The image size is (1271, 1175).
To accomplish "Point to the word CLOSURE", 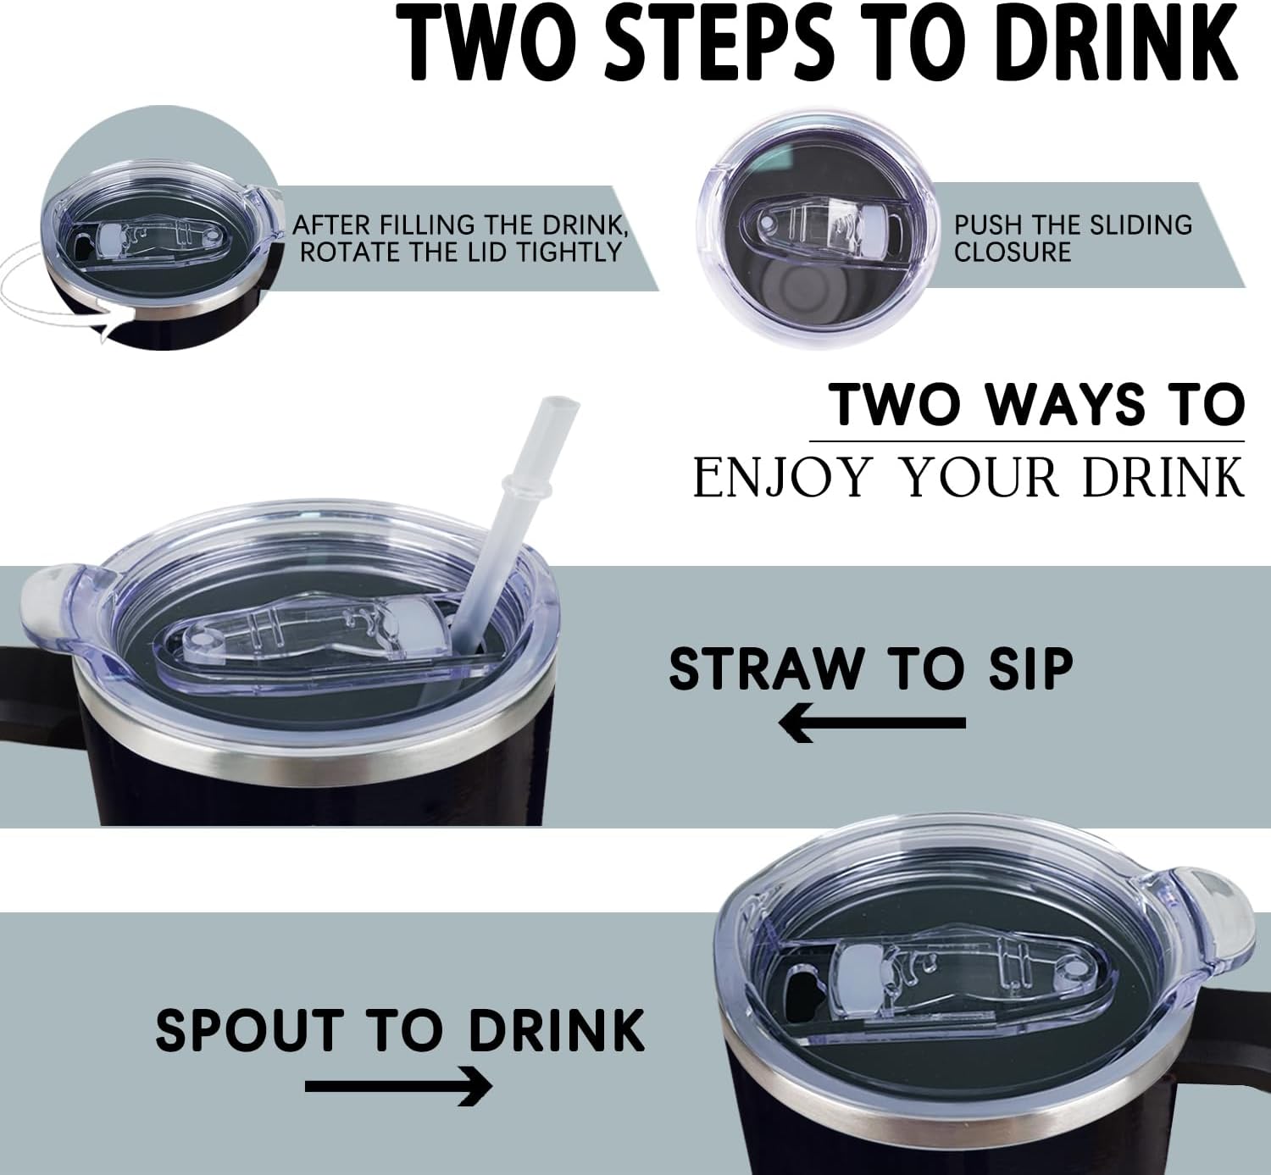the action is (1013, 252).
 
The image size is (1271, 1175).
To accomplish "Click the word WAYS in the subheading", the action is (1063, 404).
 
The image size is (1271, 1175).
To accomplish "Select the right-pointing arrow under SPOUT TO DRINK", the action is (398, 1086).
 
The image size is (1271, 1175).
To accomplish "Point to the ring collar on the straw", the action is (527, 487).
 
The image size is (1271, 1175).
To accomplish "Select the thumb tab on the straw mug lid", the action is (53, 606).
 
